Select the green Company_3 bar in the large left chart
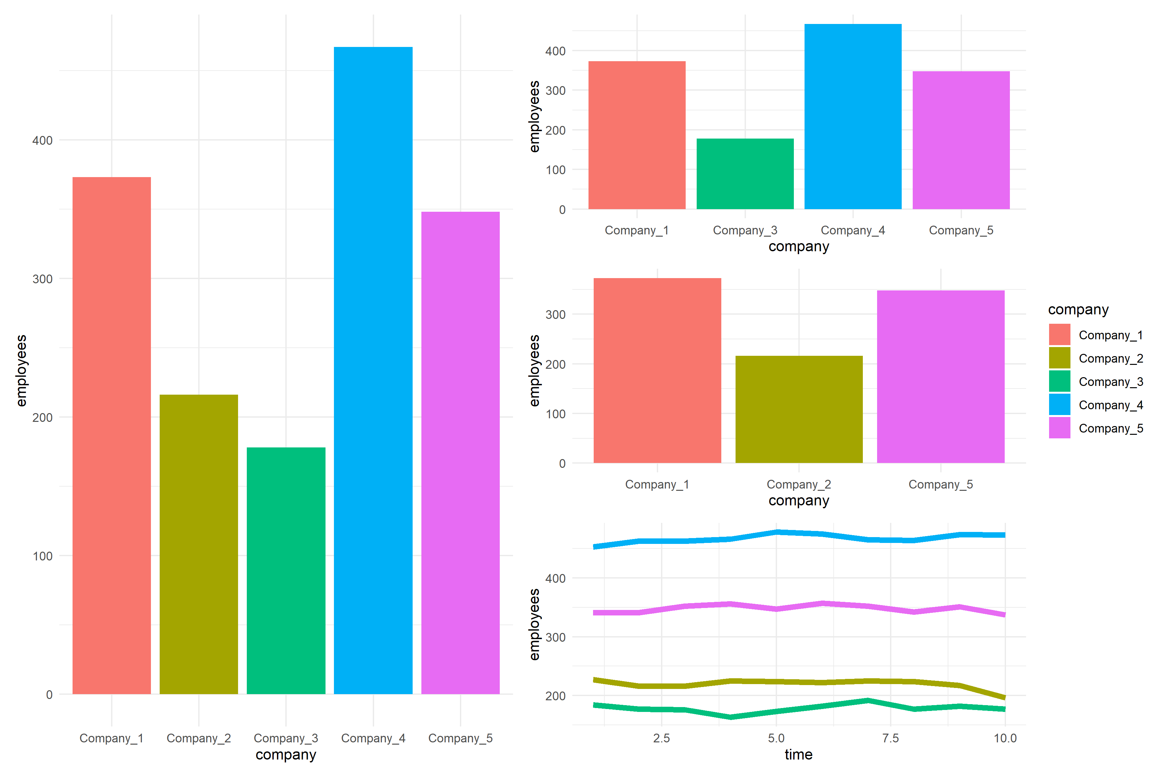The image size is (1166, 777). click(x=286, y=570)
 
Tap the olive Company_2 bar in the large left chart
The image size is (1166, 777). click(x=199, y=545)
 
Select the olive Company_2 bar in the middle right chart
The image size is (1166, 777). click(x=799, y=409)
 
